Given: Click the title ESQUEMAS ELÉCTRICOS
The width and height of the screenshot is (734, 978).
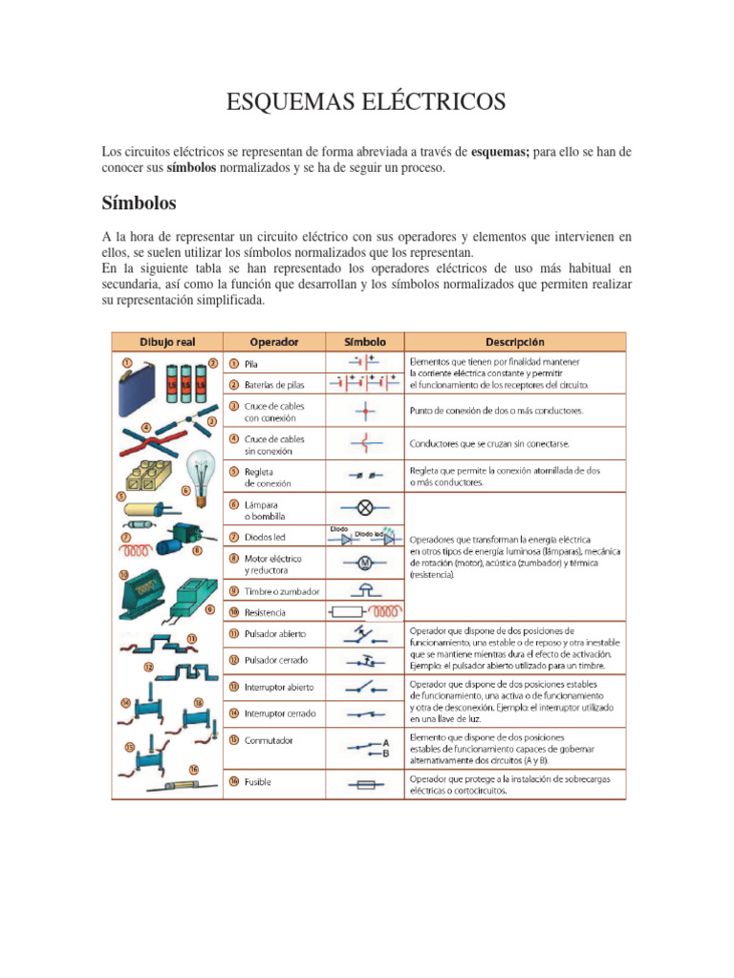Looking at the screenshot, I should pos(366,102).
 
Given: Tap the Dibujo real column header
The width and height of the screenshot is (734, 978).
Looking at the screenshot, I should pos(167,341).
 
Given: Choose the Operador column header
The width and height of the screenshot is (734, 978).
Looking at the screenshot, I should pos(274,341).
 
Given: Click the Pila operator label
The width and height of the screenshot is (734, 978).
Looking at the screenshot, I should pos(251,364).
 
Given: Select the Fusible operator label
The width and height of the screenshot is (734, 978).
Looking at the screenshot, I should pos(258,782).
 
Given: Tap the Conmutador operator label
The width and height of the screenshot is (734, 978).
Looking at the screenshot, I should pos(268,740).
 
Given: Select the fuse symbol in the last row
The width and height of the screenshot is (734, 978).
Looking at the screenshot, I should pos(364,783).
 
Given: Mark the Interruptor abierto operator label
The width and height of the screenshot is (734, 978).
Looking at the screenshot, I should pos(279,687).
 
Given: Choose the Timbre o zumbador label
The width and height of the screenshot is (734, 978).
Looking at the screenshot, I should pos(282,591).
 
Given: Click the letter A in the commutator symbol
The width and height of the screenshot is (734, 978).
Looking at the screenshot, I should pos(386,741).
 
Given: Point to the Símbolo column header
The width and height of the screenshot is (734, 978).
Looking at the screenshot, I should pos(364,341).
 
